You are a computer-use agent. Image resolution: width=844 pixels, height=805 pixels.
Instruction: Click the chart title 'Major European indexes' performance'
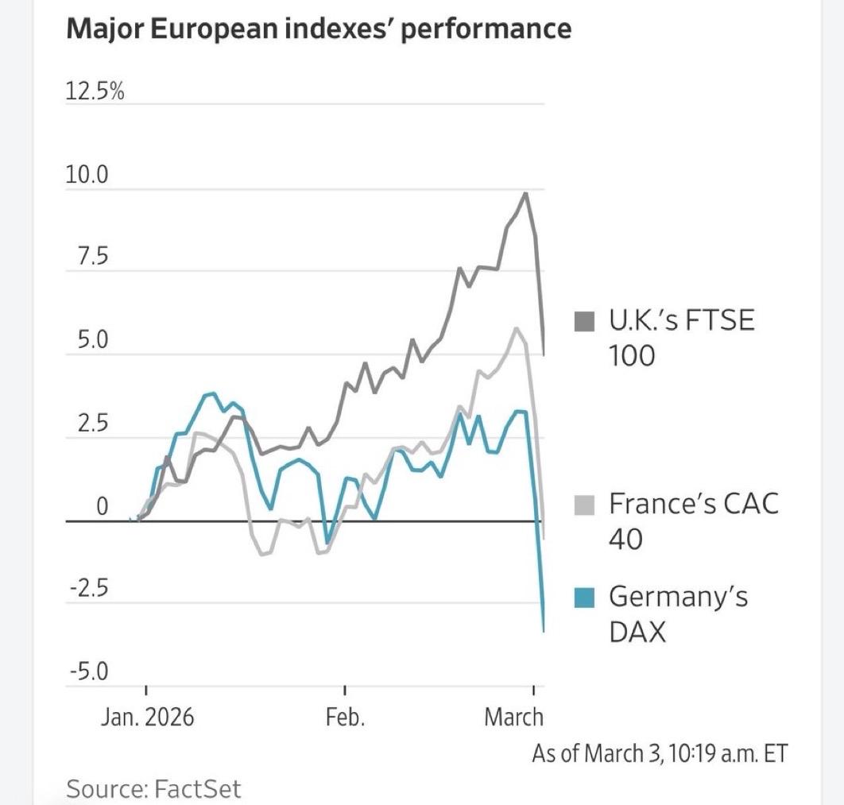click(x=319, y=29)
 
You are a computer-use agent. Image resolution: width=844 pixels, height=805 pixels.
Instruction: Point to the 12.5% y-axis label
click(x=95, y=91)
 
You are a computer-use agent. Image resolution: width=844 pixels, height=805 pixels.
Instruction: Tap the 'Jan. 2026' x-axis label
click(x=147, y=717)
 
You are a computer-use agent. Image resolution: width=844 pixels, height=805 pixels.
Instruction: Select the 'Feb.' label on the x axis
click(x=345, y=717)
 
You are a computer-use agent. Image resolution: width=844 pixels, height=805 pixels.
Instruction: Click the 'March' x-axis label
click(x=513, y=717)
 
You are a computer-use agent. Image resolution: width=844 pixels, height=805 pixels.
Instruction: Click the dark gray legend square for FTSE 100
click(x=585, y=322)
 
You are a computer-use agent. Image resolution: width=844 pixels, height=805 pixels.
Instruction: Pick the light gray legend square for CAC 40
click(x=585, y=504)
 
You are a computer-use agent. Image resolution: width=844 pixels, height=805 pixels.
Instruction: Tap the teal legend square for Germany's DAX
click(x=585, y=596)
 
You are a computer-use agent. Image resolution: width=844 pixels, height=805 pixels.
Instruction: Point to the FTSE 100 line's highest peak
click(x=525, y=193)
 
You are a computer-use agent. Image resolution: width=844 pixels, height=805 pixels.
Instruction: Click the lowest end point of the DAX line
click(x=544, y=631)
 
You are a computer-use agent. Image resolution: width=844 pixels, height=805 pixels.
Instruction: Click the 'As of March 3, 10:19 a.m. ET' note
click(x=660, y=753)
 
